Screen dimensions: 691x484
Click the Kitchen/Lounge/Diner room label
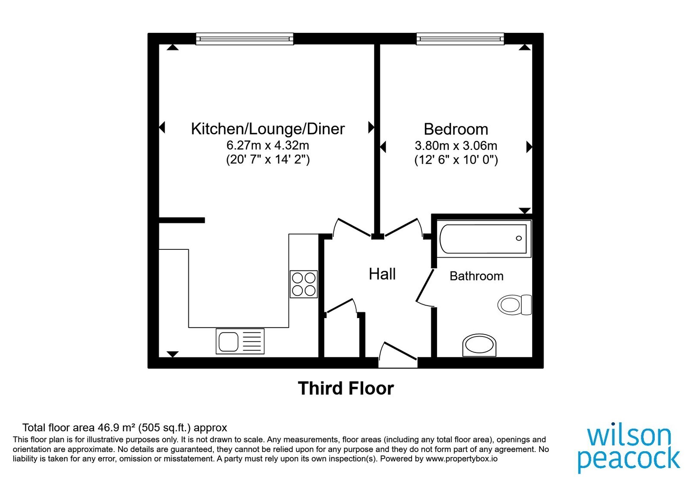click(268, 129)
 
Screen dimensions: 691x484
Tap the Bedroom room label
click(456, 129)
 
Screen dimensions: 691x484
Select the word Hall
click(382, 274)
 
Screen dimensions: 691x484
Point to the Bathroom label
click(476, 276)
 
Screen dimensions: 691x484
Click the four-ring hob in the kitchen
click(304, 284)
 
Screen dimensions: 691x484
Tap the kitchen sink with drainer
click(240, 341)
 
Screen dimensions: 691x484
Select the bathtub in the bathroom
click(484, 239)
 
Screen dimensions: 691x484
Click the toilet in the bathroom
click(514, 305)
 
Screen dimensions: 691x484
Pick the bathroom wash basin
click(479, 345)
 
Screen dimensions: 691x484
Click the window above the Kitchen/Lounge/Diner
click(244, 39)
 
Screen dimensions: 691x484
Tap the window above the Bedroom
click(460, 39)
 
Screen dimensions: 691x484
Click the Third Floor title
click(346, 388)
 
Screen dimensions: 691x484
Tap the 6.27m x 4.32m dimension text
click(268, 145)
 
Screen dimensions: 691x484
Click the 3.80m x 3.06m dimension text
click(456, 145)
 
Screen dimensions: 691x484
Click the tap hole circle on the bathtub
click(519, 238)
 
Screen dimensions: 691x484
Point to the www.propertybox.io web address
click(462, 459)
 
